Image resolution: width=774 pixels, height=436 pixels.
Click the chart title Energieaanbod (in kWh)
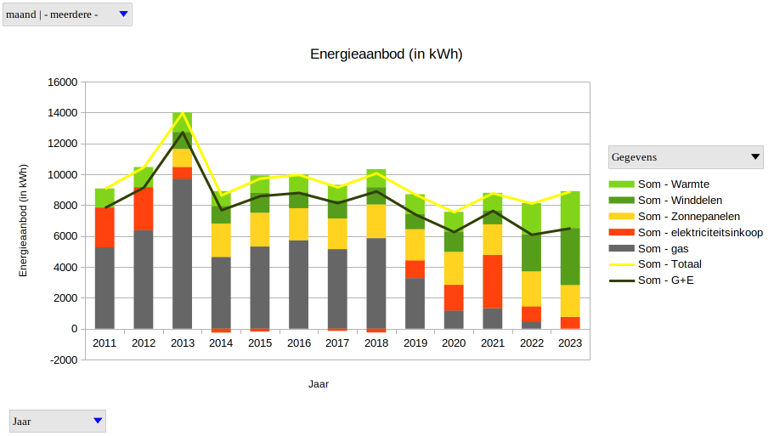tap(386, 54)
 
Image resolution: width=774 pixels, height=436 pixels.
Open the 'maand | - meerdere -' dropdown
tap(67, 14)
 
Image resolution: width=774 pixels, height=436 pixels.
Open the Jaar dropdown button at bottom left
tap(58, 421)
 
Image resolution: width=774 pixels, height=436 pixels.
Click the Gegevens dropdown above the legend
tap(686, 157)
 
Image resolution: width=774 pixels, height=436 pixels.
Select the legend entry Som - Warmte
tap(673, 184)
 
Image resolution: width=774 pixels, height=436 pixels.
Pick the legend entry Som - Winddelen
tap(680, 201)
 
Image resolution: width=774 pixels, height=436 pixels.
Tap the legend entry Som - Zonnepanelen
tap(688, 217)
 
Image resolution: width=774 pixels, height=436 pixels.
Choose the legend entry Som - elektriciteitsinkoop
tap(700, 233)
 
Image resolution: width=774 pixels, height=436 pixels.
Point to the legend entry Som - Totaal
tap(669, 264)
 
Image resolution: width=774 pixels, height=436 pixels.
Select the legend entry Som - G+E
tap(666, 280)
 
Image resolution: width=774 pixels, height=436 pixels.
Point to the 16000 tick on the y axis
tap(64, 82)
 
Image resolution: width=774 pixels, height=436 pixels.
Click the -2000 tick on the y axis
tap(64, 360)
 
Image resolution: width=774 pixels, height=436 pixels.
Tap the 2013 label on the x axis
tap(183, 343)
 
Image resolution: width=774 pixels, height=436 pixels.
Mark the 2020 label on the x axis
tap(454, 343)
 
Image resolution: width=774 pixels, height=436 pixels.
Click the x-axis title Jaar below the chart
tap(319, 384)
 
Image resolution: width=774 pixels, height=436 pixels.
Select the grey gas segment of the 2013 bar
tap(183, 255)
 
